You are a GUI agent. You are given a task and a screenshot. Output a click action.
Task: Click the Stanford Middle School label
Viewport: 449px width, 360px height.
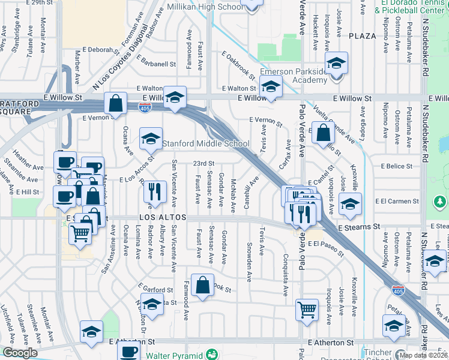tap(206, 144)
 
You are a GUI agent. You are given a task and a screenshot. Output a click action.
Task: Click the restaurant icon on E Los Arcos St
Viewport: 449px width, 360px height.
tap(155, 191)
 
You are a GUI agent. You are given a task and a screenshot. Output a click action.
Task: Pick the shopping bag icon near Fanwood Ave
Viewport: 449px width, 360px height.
tap(203, 287)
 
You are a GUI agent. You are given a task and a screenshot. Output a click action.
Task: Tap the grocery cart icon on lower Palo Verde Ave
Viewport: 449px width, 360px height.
tap(307, 310)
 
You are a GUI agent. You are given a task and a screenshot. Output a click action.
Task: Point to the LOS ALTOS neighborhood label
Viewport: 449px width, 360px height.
tap(159, 217)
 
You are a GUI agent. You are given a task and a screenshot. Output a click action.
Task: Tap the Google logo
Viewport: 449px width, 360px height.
tap(20, 353)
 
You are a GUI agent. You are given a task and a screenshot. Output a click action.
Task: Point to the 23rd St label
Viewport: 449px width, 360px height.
tap(203, 163)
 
